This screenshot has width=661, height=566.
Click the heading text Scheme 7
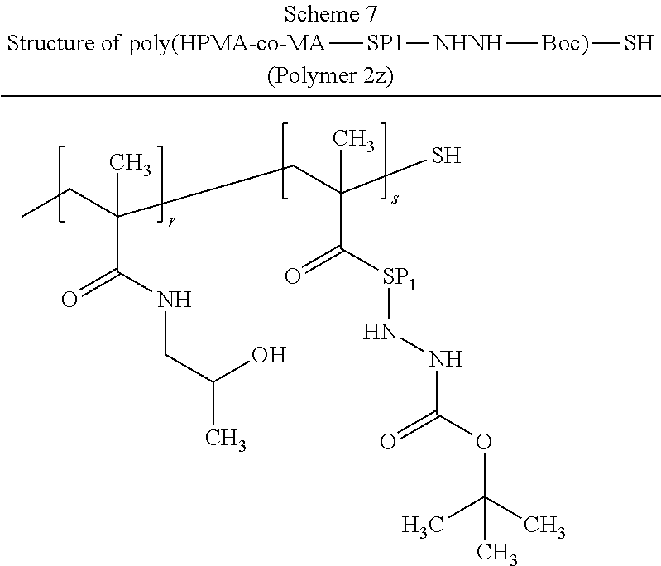click(330, 16)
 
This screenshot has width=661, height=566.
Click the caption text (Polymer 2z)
click(330, 78)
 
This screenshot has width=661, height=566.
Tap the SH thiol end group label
click(446, 156)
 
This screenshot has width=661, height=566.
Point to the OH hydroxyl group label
click(269, 356)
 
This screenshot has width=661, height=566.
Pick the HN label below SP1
click(379, 332)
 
